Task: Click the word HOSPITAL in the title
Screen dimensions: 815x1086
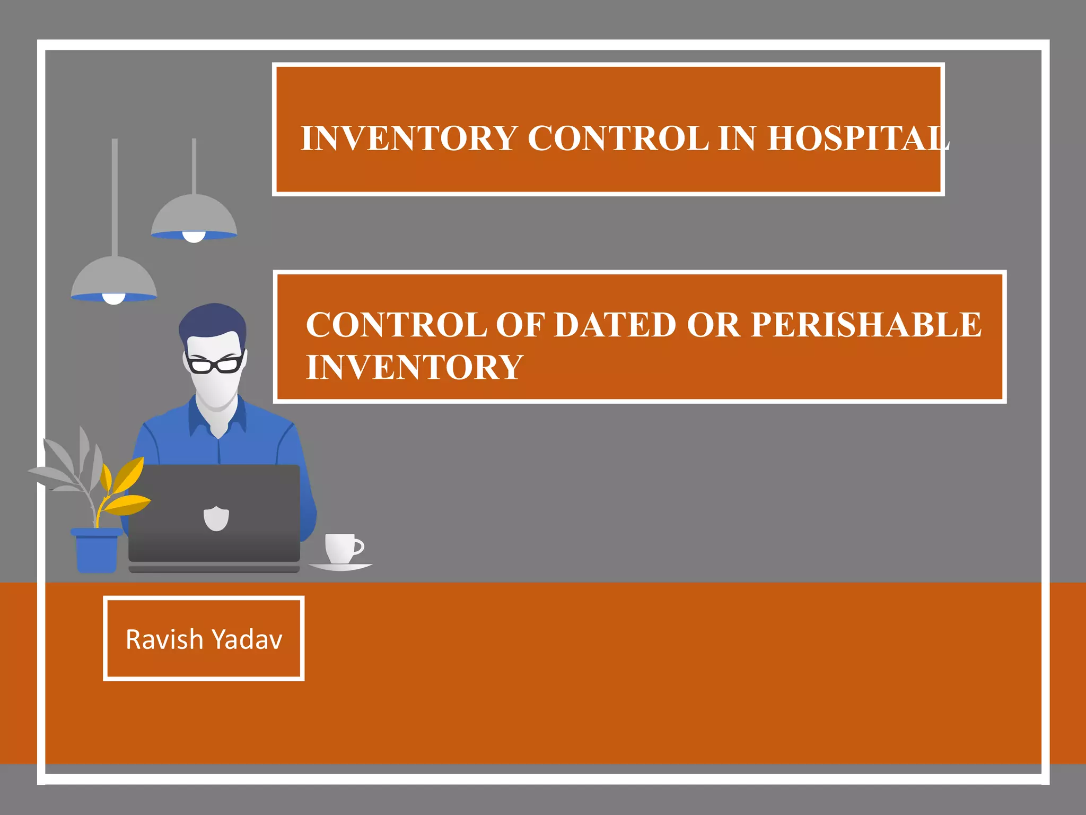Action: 858,138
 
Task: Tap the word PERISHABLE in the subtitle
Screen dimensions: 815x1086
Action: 866,324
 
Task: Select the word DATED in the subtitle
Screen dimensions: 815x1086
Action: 615,324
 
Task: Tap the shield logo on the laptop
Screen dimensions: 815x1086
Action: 216,518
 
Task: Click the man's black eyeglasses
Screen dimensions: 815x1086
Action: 215,364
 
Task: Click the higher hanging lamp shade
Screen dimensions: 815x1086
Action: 194,215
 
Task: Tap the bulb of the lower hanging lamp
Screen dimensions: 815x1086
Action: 113,299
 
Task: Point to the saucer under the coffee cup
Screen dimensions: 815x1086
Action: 340,567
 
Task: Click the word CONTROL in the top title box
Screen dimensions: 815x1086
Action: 618,138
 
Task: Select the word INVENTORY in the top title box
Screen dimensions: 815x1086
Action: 409,138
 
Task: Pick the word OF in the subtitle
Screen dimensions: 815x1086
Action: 520,324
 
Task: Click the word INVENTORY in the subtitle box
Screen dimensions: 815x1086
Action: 415,367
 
